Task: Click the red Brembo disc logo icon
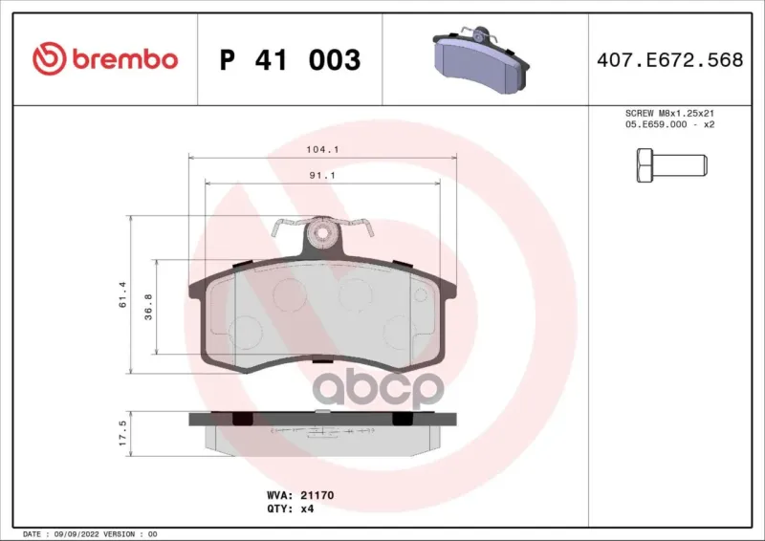50,58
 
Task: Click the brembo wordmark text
125,59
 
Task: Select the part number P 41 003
291,60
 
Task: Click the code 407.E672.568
670,59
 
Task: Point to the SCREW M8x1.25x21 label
670,113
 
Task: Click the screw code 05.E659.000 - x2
670,124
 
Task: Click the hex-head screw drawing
672,166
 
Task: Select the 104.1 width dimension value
322,149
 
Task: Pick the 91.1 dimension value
322,175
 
